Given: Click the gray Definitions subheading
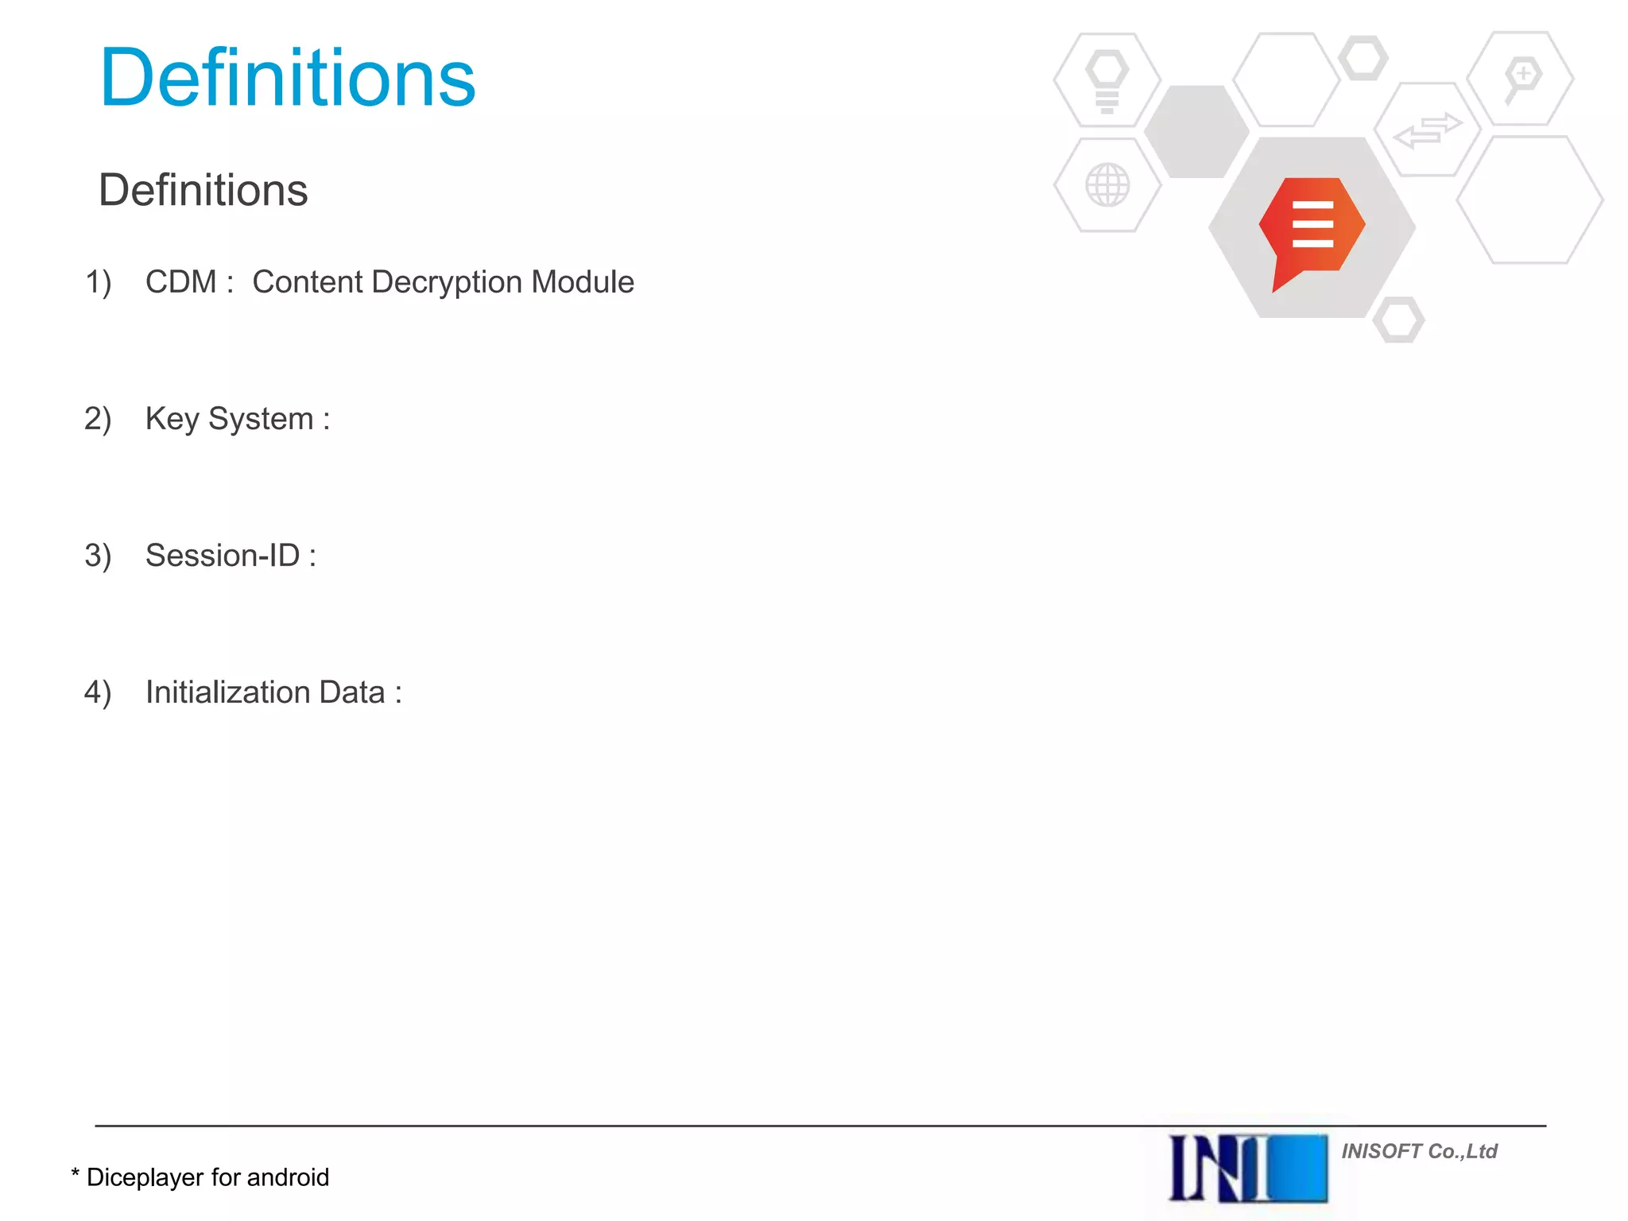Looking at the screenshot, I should (203, 190).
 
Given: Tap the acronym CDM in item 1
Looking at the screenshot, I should (180, 282).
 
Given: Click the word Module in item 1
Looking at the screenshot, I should (583, 282).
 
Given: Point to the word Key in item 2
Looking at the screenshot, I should (172, 419).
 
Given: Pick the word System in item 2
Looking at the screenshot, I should (261, 419).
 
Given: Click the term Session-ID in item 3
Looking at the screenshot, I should (223, 556).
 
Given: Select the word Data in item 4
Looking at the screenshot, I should (351, 692).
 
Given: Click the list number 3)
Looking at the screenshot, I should (98, 556).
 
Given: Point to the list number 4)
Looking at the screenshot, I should (98, 692).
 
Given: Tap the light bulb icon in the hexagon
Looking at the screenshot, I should (1107, 79).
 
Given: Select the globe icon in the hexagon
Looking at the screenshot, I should (1107, 185).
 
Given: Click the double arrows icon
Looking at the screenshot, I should (1428, 130).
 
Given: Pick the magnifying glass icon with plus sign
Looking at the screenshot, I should (1521, 78).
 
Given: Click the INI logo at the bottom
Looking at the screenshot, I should (1247, 1168).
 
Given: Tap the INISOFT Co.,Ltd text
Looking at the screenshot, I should (1419, 1151).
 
